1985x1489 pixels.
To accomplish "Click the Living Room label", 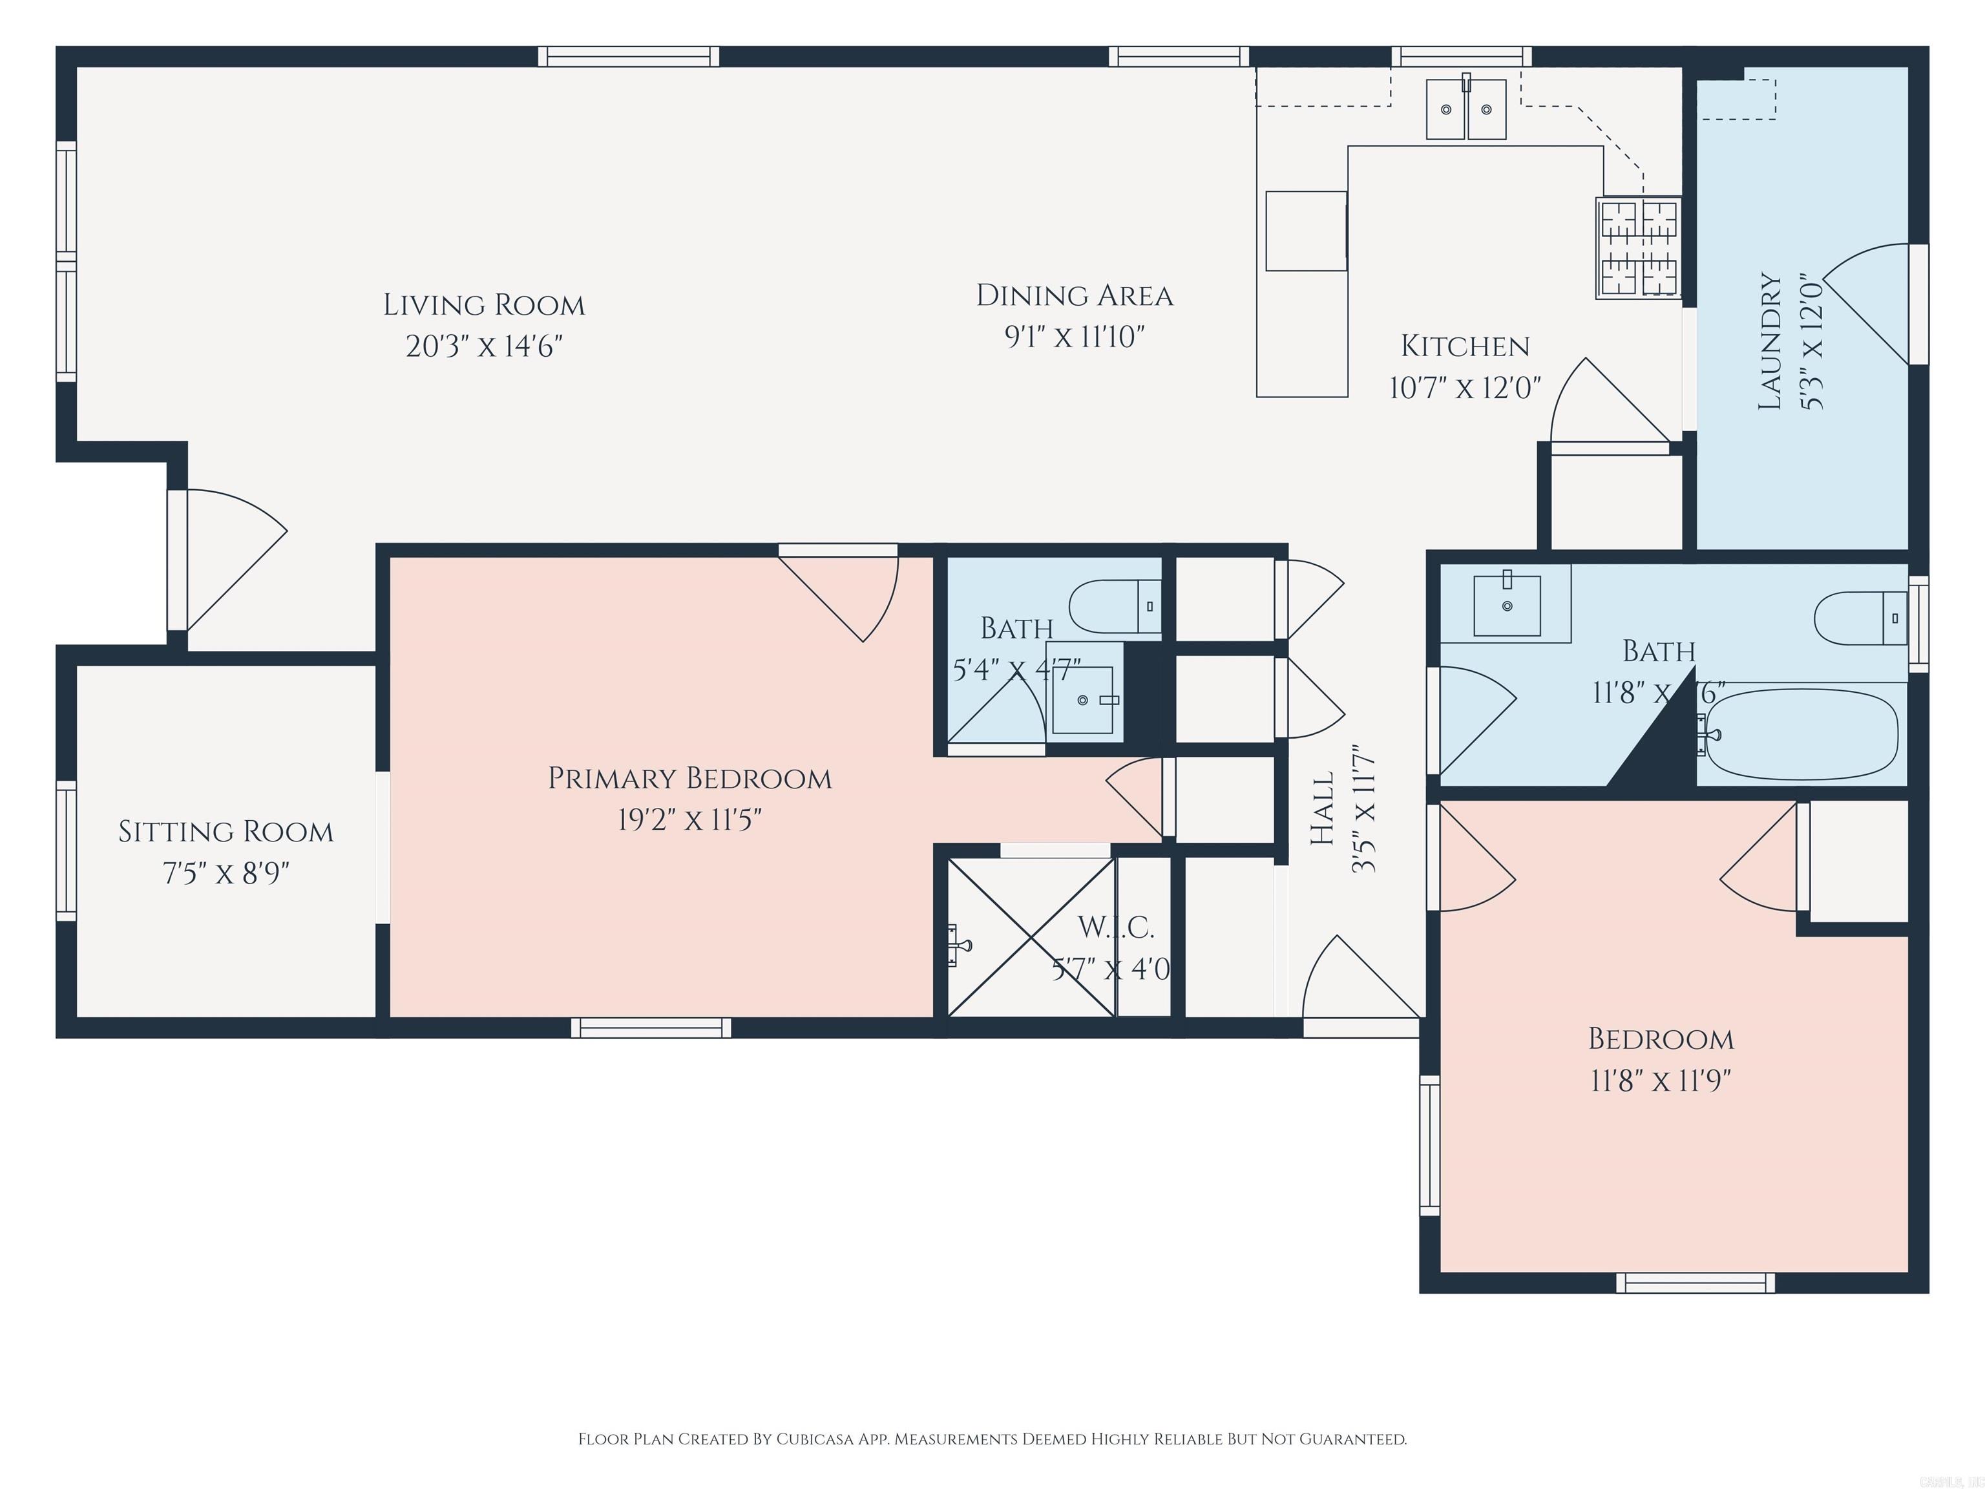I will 484,305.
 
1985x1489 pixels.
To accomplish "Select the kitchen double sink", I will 1466,109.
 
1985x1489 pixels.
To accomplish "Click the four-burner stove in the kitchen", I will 1638,247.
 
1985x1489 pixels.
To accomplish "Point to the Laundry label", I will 1770,341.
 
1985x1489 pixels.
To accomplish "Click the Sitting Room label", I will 226,832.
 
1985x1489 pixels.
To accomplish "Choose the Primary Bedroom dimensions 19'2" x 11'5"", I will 689,819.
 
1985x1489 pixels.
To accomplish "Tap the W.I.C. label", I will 1115,927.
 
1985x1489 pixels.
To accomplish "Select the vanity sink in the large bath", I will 1507,606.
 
